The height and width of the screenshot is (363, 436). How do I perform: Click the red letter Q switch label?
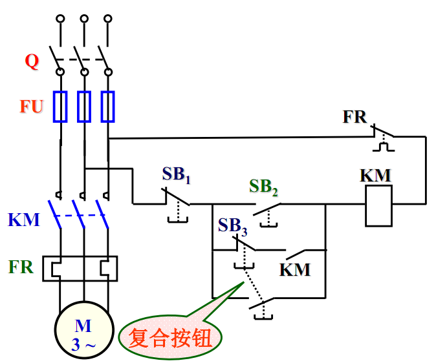coord(32,62)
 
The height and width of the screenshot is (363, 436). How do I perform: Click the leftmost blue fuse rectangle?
coord(60,107)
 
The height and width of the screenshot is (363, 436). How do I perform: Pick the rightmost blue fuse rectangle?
coord(108,107)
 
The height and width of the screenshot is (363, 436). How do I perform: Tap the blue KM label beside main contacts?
coord(24,220)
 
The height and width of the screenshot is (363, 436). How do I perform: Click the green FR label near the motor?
coord(21,267)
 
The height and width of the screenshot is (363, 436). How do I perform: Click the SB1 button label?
coord(176,174)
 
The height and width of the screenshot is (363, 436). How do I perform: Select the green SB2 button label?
coord(263,187)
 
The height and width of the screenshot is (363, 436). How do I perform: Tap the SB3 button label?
coord(232,225)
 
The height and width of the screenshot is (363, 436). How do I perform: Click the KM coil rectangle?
coord(379,206)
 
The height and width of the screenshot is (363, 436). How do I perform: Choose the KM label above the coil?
coord(375,175)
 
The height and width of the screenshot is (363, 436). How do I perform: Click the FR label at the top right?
coord(354,118)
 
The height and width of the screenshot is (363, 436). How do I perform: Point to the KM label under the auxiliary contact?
coord(295,269)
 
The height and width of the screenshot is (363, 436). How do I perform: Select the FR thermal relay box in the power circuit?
coord(80,268)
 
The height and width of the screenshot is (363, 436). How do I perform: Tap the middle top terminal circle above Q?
coord(84,19)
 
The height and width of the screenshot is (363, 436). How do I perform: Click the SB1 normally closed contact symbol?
coord(176,199)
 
